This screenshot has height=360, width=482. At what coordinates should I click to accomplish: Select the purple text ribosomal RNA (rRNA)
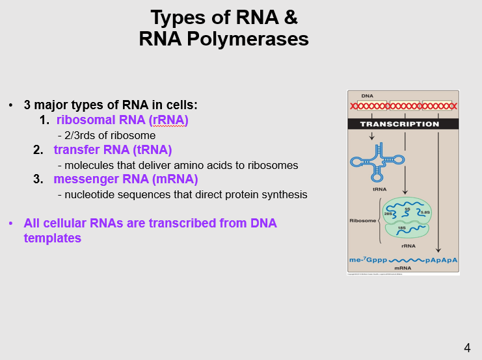122,120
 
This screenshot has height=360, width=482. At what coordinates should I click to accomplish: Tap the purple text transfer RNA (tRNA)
113,150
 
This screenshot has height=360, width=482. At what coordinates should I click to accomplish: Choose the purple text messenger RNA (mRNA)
126,179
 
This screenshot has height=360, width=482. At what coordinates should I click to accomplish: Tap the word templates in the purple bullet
52,238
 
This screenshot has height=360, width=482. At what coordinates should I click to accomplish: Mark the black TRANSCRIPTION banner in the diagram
403,124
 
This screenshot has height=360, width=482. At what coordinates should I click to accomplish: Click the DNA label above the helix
368,96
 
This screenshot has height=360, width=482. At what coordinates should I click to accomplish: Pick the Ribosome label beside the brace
362,221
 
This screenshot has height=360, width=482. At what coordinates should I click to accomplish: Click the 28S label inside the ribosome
388,214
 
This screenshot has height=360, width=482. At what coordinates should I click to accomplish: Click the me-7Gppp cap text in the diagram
368,260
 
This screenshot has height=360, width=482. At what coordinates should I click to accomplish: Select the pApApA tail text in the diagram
442,260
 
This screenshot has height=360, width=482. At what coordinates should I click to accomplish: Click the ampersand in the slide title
290,17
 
